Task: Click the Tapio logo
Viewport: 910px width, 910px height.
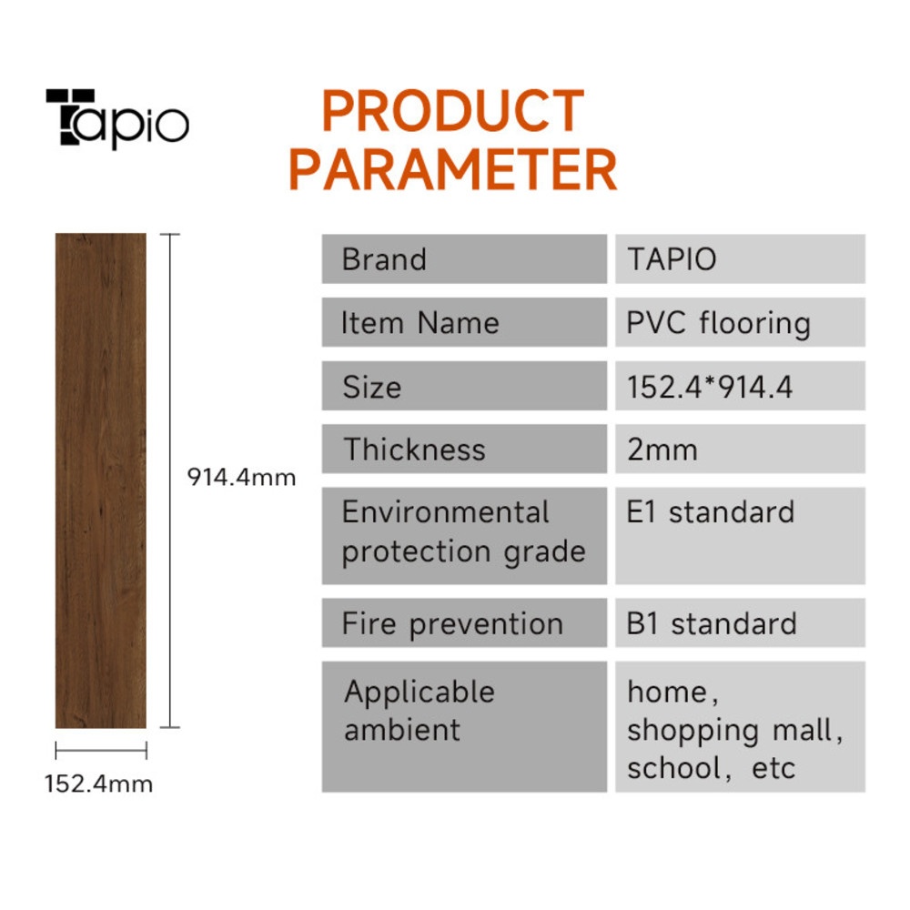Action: pyautogui.click(x=117, y=119)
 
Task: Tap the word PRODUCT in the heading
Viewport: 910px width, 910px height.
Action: pyautogui.click(x=452, y=111)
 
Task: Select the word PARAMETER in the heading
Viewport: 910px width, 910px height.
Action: pyautogui.click(x=452, y=169)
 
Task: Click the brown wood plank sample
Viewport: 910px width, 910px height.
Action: pyautogui.click(x=101, y=480)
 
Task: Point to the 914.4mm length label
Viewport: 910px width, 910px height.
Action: pyautogui.click(x=241, y=477)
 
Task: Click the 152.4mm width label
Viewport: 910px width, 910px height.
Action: pyautogui.click(x=98, y=784)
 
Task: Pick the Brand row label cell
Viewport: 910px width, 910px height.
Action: pyautogui.click(x=464, y=258)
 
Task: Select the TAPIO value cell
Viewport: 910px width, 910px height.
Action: pyautogui.click(x=740, y=258)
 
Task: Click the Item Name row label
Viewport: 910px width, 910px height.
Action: pyautogui.click(x=420, y=323)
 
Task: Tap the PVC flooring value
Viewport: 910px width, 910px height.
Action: pyautogui.click(x=719, y=324)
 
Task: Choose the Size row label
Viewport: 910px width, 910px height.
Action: pyautogui.click(x=371, y=387)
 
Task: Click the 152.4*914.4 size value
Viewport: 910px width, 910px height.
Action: pyautogui.click(x=709, y=387)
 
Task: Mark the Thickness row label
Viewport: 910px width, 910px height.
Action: pyautogui.click(x=414, y=450)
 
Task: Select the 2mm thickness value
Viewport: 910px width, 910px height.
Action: pyautogui.click(x=662, y=450)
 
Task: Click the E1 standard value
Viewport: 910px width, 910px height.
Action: pyautogui.click(x=711, y=511)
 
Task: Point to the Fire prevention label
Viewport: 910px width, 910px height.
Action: pyautogui.click(x=452, y=624)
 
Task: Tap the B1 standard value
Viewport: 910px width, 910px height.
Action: pyautogui.click(x=712, y=624)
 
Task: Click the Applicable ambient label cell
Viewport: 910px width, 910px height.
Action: pyautogui.click(x=464, y=726)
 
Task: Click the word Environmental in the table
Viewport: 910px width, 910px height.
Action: pyautogui.click(x=445, y=511)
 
